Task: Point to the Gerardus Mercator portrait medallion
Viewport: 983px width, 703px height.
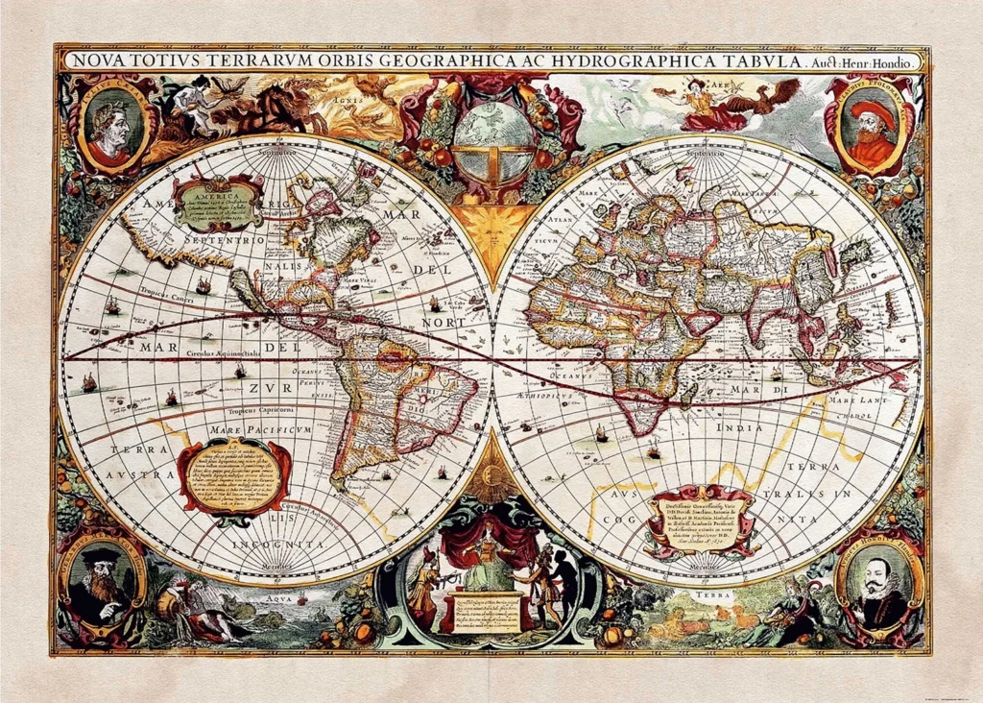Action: tap(101, 580)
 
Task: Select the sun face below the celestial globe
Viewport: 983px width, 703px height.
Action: tap(491, 230)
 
